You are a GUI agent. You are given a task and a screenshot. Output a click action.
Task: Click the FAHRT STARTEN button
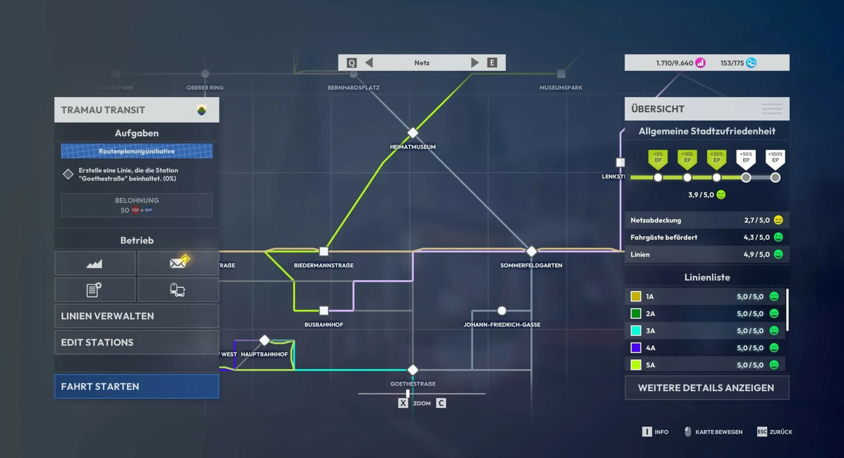click(137, 386)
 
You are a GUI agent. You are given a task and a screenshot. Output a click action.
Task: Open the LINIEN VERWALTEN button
click(137, 316)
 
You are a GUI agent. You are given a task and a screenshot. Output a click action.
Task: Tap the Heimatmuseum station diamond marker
click(413, 133)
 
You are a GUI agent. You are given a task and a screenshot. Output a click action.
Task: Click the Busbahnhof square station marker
click(324, 310)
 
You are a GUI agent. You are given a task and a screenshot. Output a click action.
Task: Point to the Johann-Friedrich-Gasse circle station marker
click(502, 310)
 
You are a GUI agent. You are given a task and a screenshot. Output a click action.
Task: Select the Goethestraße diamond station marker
click(413, 370)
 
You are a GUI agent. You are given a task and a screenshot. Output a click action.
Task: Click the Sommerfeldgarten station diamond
click(531, 251)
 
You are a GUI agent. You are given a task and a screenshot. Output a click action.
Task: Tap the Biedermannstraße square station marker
click(324, 251)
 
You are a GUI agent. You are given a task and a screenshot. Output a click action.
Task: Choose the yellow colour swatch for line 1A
click(636, 296)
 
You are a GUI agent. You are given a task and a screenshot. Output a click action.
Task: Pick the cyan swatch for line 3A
click(636, 331)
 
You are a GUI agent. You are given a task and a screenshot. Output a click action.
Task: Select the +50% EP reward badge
click(746, 159)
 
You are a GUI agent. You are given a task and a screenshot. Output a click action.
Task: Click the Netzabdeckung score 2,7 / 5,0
click(757, 220)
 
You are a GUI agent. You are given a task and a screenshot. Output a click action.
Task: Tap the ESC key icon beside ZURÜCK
click(762, 431)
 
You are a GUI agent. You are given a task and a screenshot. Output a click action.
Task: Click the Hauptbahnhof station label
click(264, 354)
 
